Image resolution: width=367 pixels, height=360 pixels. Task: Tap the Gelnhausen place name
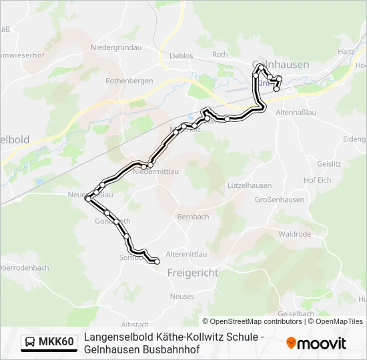[281, 65]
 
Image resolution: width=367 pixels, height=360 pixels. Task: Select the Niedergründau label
[116, 47]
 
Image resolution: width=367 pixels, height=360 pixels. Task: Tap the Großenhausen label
[280, 199]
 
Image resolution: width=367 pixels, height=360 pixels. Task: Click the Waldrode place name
[295, 234]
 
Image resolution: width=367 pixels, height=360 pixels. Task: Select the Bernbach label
[193, 217]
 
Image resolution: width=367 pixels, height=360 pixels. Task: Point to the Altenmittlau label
[188, 254]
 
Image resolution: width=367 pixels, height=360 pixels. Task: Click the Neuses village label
[182, 296]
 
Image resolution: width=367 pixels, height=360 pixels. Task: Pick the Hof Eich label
[317, 180]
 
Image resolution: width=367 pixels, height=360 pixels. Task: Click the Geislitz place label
[330, 163]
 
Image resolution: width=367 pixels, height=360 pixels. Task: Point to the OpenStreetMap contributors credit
[252, 321]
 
